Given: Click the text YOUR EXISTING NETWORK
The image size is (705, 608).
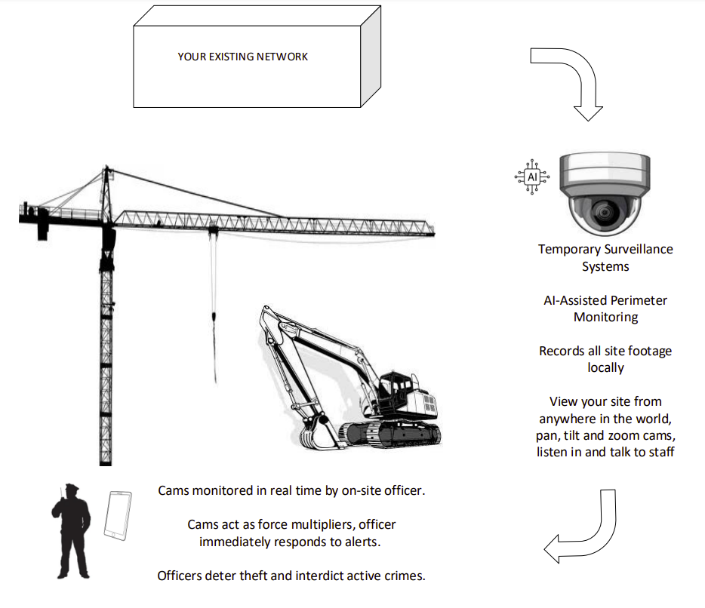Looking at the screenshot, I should tap(242, 57).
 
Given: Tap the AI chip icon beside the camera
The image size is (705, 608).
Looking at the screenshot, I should tap(532, 177).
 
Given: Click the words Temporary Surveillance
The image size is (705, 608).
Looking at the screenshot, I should tap(605, 249).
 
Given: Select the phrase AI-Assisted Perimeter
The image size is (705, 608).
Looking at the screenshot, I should tap(605, 300).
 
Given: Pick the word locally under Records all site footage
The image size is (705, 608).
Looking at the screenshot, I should tap(605, 368).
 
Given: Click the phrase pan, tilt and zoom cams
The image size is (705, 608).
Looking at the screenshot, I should tap(605, 436).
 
